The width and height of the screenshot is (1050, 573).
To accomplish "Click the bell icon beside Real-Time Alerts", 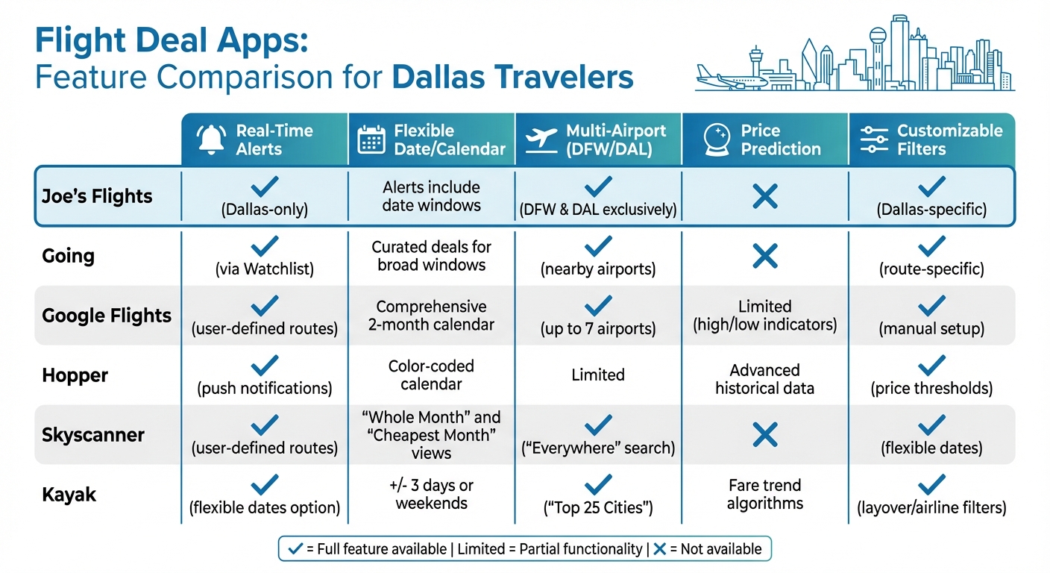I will pos(211,140).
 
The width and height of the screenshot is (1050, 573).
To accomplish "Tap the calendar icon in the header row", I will pos(371,140).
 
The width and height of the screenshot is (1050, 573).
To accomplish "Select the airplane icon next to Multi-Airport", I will pos(541,140).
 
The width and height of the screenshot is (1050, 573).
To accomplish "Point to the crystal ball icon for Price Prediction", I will pos(716,140).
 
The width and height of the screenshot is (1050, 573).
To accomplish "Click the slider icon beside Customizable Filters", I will pos(874,140).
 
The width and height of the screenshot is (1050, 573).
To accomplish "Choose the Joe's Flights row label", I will pos(98,197).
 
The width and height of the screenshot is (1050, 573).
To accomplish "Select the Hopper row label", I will pos(75,375).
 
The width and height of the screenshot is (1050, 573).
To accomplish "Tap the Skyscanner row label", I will pos(93,435).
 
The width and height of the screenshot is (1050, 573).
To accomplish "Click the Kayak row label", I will pos(69,494).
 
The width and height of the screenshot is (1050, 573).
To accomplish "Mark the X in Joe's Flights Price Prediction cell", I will pos(765,197).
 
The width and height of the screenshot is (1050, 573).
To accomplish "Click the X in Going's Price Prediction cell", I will pos(765,256).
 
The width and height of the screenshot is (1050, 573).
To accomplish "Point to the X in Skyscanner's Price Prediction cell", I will pos(765,435).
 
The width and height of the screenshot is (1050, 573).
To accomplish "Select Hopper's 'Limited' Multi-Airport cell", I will pos(598,375).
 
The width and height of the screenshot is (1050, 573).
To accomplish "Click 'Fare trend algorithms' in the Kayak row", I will pos(765,494).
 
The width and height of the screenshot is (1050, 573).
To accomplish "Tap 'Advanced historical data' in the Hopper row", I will pos(765,379).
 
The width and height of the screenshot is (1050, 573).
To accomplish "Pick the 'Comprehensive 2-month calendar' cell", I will pos(431,316).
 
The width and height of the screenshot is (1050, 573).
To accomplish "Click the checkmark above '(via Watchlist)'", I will pos(265,245).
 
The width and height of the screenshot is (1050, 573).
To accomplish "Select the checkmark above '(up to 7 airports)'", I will pos(598,305).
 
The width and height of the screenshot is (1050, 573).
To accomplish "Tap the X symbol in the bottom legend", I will pos(659,549).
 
